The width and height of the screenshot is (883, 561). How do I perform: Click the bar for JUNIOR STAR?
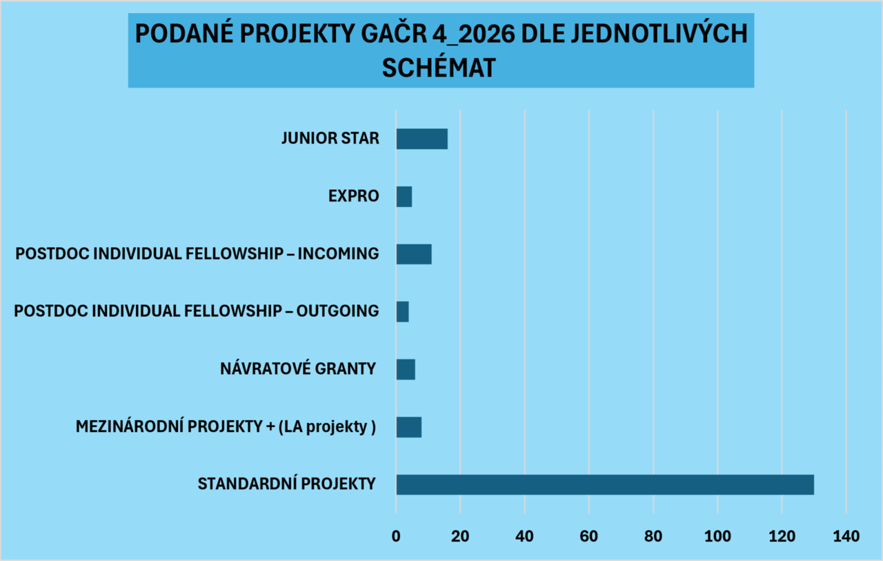(421, 139)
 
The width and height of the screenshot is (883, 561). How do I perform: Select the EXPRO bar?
(404, 197)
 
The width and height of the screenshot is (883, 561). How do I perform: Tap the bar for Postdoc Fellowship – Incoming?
(414, 254)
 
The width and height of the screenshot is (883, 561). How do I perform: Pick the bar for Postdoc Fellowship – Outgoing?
(402, 311)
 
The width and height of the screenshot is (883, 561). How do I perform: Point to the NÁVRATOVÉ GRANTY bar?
(406, 369)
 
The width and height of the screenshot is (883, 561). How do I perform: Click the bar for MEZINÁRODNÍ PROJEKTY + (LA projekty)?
(408, 426)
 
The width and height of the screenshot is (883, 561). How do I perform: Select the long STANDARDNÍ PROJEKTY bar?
(604, 484)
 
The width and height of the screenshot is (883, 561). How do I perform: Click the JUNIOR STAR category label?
(330, 138)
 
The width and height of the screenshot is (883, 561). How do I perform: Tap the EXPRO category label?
(353, 196)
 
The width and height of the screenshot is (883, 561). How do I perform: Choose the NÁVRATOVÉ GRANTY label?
(297, 368)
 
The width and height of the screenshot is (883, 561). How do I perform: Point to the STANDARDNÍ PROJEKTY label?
(286, 483)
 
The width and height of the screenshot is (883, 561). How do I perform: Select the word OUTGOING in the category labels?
(337, 311)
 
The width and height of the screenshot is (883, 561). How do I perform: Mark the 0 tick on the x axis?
(396, 535)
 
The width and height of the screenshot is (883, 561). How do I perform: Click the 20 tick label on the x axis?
(460, 535)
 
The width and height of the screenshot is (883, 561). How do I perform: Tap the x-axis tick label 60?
(588, 535)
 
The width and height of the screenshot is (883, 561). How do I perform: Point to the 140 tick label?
(846, 535)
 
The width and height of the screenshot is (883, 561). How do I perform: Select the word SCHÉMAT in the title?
(439, 68)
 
